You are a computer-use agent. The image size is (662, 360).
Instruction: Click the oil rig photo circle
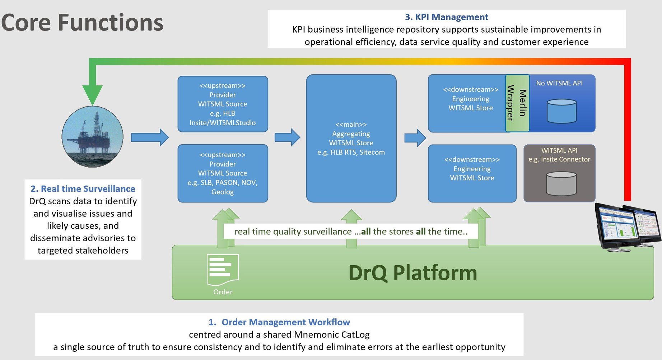[93, 137]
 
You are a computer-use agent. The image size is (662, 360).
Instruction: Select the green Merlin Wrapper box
[517, 103]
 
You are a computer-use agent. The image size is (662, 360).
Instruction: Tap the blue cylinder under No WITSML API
[561, 111]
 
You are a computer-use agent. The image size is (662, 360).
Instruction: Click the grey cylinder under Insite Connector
[561, 183]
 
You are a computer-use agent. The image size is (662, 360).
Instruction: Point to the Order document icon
[223, 270]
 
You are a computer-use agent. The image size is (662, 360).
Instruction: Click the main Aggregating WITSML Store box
[351, 138]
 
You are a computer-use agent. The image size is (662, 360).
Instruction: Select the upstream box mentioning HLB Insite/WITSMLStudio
[223, 104]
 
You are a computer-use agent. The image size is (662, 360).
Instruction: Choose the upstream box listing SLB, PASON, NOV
[223, 173]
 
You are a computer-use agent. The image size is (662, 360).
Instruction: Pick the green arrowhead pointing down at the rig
[93, 94]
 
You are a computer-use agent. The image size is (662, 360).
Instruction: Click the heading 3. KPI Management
[446, 17]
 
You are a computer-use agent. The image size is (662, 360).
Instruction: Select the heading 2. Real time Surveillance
[83, 189]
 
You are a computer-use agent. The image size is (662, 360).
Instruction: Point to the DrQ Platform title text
[412, 273]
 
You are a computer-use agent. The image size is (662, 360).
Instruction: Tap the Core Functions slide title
[82, 23]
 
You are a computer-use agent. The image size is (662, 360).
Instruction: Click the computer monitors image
[627, 226]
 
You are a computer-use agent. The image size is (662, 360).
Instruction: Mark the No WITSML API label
[559, 83]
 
